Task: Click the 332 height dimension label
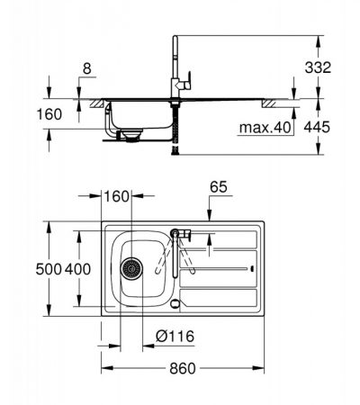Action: (x=318, y=67)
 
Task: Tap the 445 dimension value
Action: (x=317, y=127)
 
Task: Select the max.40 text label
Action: (x=265, y=128)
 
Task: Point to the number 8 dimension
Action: (x=86, y=68)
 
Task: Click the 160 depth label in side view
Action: (x=49, y=114)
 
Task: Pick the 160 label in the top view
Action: (x=116, y=196)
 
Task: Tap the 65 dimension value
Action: (x=219, y=187)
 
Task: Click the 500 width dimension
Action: (x=49, y=269)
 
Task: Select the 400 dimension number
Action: (x=77, y=269)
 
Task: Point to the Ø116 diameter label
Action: (x=175, y=337)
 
